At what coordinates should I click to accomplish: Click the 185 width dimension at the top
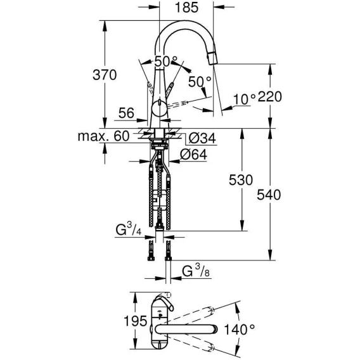tap(186, 7)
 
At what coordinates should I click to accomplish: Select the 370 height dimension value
tap(105, 75)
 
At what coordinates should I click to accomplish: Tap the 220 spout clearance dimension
tap(269, 97)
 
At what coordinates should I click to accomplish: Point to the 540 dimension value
tap(269, 195)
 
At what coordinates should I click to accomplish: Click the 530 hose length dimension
tap(241, 180)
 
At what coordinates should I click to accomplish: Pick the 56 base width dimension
tap(127, 113)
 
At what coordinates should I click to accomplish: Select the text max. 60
tap(103, 136)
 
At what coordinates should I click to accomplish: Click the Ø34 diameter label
tap(202, 138)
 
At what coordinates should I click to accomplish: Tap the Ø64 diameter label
tap(193, 154)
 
